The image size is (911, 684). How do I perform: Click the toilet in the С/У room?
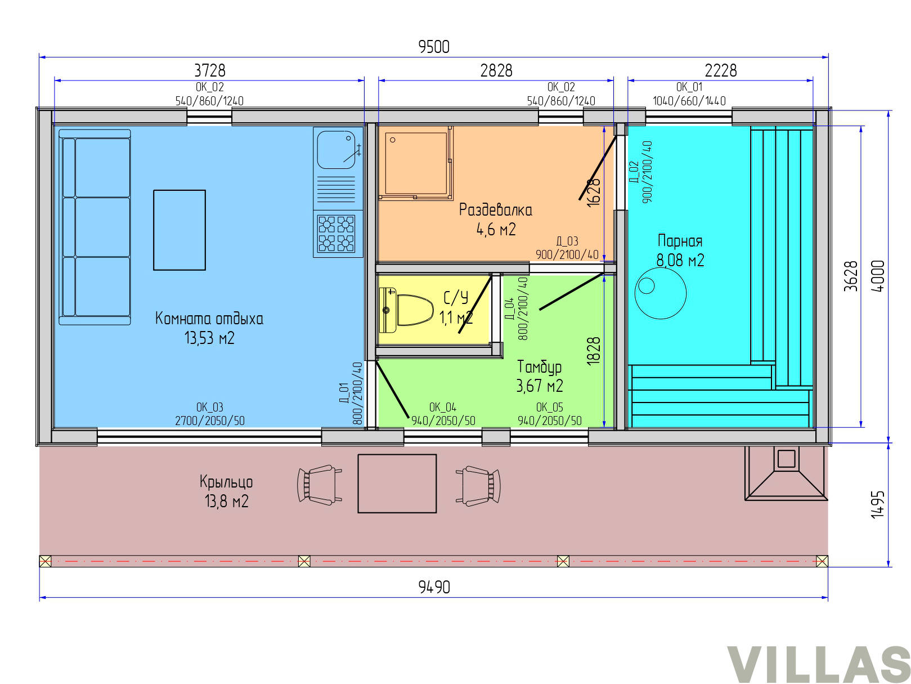(x=409, y=310)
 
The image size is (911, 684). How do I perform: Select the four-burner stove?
(x=336, y=234)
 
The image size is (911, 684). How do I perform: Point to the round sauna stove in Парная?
(x=660, y=293)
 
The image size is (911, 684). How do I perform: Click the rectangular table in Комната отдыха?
(x=179, y=230)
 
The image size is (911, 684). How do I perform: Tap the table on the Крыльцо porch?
(x=397, y=483)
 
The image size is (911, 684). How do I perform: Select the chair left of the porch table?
(x=319, y=484)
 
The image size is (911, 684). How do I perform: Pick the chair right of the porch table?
(x=478, y=485)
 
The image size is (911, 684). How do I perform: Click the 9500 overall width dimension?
(x=434, y=47)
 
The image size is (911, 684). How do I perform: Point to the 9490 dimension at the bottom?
(x=434, y=587)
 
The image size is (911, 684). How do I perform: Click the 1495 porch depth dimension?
(x=877, y=504)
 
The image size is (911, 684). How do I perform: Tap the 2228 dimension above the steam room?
(x=720, y=70)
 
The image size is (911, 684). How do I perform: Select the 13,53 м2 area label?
(x=209, y=338)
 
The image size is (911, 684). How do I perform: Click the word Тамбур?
(x=539, y=366)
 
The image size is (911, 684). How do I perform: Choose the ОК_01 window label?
(x=689, y=87)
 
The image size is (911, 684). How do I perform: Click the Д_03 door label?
(x=567, y=241)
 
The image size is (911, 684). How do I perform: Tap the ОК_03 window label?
(x=209, y=407)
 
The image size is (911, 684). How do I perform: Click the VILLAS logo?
(x=818, y=664)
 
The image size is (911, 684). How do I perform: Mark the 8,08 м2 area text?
(x=680, y=260)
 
